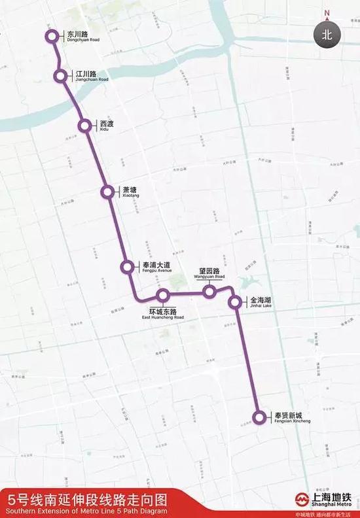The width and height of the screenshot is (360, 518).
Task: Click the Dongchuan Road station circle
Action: click(52, 36)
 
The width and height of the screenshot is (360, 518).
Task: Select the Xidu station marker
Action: click(84, 126)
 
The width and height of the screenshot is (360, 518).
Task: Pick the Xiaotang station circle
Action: click(108, 192)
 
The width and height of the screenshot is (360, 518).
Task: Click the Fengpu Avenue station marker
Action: click(128, 267)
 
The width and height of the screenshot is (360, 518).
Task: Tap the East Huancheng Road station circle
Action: click(163, 296)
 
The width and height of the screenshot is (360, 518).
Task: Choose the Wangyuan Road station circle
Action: click(209, 292)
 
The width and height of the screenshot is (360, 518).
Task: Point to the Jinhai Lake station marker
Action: click(235, 302)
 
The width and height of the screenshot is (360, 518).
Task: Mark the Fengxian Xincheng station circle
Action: click(260, 417)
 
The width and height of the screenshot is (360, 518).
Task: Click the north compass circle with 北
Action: click(327, 35)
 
